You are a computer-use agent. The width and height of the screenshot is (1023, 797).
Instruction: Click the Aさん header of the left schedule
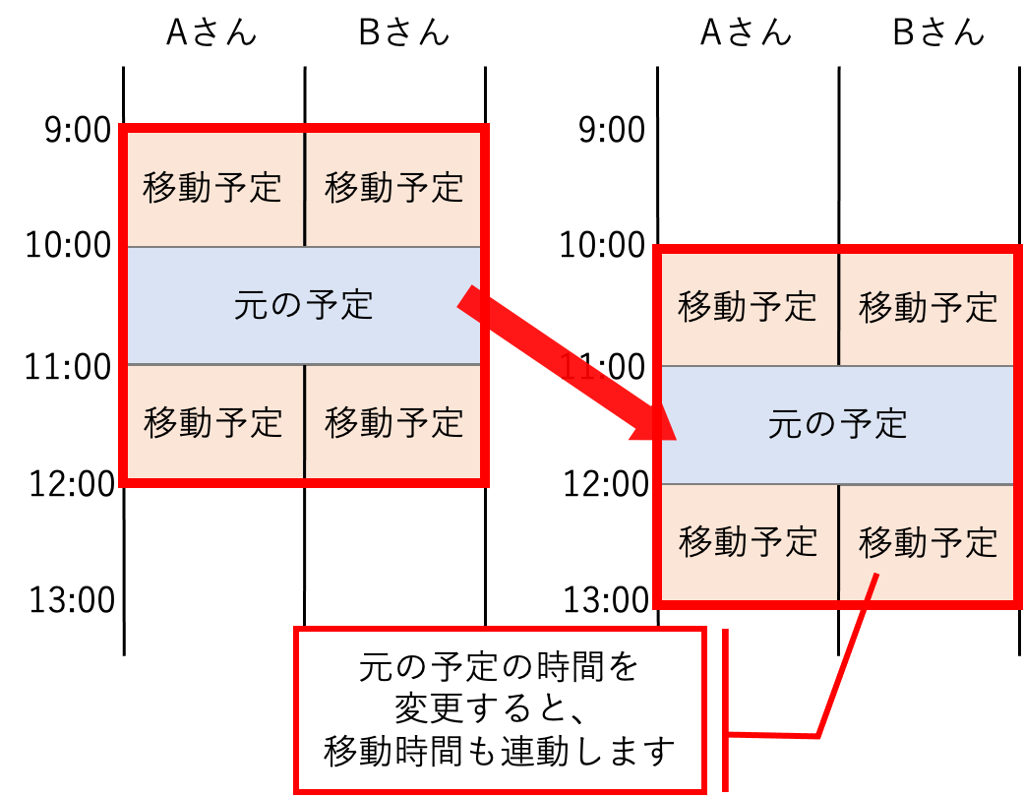[211, 32]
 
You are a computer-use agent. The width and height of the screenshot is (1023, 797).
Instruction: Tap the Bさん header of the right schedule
[938, 32]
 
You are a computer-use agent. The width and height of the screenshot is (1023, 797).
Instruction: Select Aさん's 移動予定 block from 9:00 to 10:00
[214, 189]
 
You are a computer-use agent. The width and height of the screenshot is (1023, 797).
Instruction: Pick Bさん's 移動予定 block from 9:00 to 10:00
[393, 189]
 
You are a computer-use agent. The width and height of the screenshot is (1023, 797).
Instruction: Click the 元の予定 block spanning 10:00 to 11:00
[303, 305]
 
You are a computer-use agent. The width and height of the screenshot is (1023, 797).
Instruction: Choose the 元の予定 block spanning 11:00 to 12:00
[838, 425]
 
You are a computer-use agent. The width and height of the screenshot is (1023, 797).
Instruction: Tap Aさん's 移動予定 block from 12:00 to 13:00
[750, 542]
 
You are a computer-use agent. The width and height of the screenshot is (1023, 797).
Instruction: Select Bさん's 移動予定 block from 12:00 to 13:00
[927, 542]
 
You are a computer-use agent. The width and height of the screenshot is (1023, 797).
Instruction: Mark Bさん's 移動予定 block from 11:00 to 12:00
[393, 422]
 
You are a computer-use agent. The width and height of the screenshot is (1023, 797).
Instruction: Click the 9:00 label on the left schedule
[78, 130]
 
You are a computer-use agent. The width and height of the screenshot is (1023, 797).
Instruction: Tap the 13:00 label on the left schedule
[72, 599]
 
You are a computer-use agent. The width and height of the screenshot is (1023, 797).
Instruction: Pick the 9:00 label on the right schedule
[612, 130]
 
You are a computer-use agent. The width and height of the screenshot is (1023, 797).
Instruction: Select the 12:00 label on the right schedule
[606, 484]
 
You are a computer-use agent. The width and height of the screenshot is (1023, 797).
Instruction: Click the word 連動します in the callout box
[587, 751]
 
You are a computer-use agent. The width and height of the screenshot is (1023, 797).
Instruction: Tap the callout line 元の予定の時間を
[499, 667]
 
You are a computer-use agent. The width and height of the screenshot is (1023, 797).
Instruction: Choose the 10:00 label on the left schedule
[68, 245]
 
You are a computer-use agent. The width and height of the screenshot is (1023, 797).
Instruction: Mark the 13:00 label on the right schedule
[606, 599]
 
